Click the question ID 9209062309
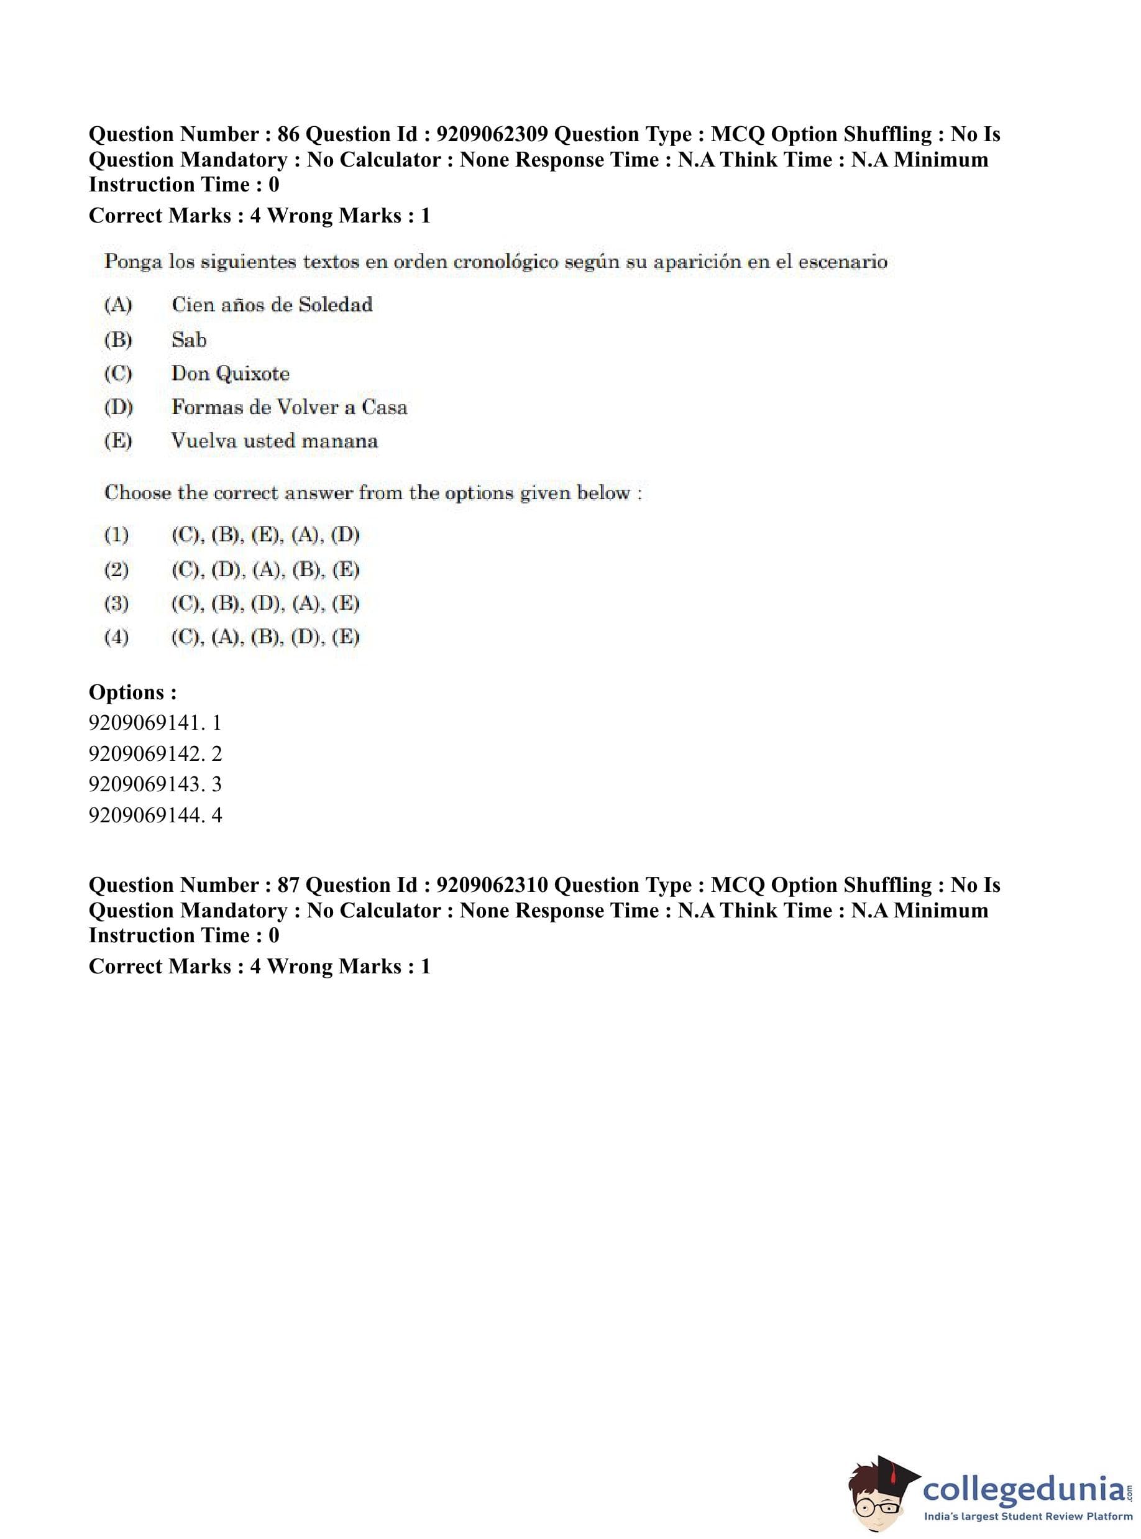coord(492,134)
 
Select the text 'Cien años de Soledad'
coord(272,305)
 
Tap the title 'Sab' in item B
coord(188,340)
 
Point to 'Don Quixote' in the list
coord(230,374)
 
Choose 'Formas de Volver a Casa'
coord(289,407)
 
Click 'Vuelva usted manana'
coord(274,441)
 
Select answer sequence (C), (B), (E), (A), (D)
coord(265,535)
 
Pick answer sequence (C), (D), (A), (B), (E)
coord(265,570)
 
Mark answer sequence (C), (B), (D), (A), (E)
coord(265,604)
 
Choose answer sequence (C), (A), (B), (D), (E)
coord(265,637)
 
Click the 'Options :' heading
coord(132,692)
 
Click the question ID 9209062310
coord(492,885)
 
